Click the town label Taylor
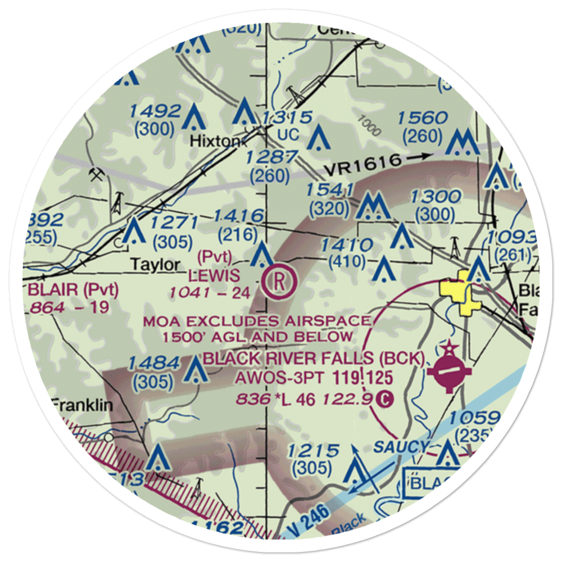(x=156, y=264)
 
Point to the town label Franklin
(x=83, y=405)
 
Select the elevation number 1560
(x=422, y=119)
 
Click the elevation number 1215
(x=314, y=450)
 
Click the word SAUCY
(x=401, y=447)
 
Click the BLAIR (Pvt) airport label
(x=74, y=291)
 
